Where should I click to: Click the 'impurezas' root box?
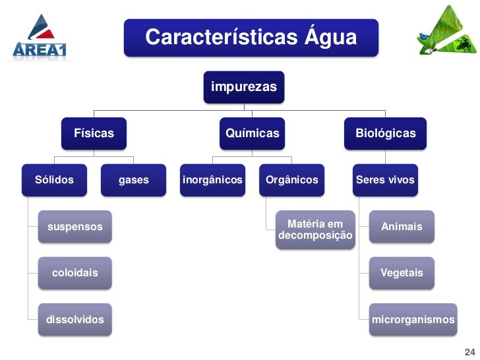[x=244, y=86]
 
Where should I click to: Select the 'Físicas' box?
[x=94, y=133]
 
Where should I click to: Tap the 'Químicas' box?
[x=253, y=133]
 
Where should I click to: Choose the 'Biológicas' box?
[x=386, y=133]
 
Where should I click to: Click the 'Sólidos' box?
[x=54, y=179]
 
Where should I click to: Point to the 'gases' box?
[x=133, y=179]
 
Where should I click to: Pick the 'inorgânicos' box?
[x=212, y=179]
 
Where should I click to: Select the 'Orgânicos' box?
[x=291, y=179]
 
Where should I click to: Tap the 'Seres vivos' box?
[x=385, y=179]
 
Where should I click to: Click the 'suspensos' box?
[x=75, y=227]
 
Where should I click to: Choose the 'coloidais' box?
[x=75, y=273]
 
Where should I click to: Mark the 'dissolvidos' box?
[x=75, y=320]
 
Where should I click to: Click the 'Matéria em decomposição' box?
[x=315, y=230]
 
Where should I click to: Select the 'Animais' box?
[x=402, y=227]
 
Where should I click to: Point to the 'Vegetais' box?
[x=402, y=273]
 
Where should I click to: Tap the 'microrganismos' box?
[x=413, y=320]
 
